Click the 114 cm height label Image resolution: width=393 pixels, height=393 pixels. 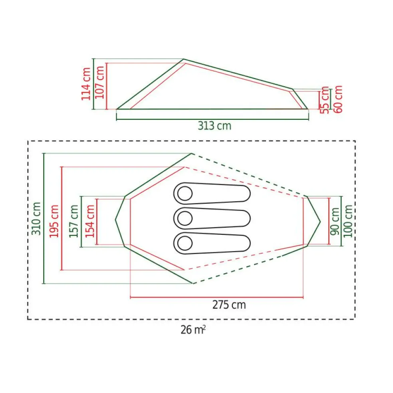86,83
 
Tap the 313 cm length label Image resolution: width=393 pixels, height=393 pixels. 214,125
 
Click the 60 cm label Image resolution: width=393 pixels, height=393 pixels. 338,99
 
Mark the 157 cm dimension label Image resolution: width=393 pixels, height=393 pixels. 74,221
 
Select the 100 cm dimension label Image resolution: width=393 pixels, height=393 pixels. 348,220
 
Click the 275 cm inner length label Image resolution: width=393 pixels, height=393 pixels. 228,305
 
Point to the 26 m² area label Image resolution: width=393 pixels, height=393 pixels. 193,330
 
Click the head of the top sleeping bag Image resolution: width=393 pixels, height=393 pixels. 185,194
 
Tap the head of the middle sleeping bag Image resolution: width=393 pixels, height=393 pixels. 185,218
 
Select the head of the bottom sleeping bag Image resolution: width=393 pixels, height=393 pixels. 185,242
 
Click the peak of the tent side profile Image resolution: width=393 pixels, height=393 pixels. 183,60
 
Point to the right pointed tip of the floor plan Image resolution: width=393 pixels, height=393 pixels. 320,221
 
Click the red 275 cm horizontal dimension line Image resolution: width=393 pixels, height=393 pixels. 216,297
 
